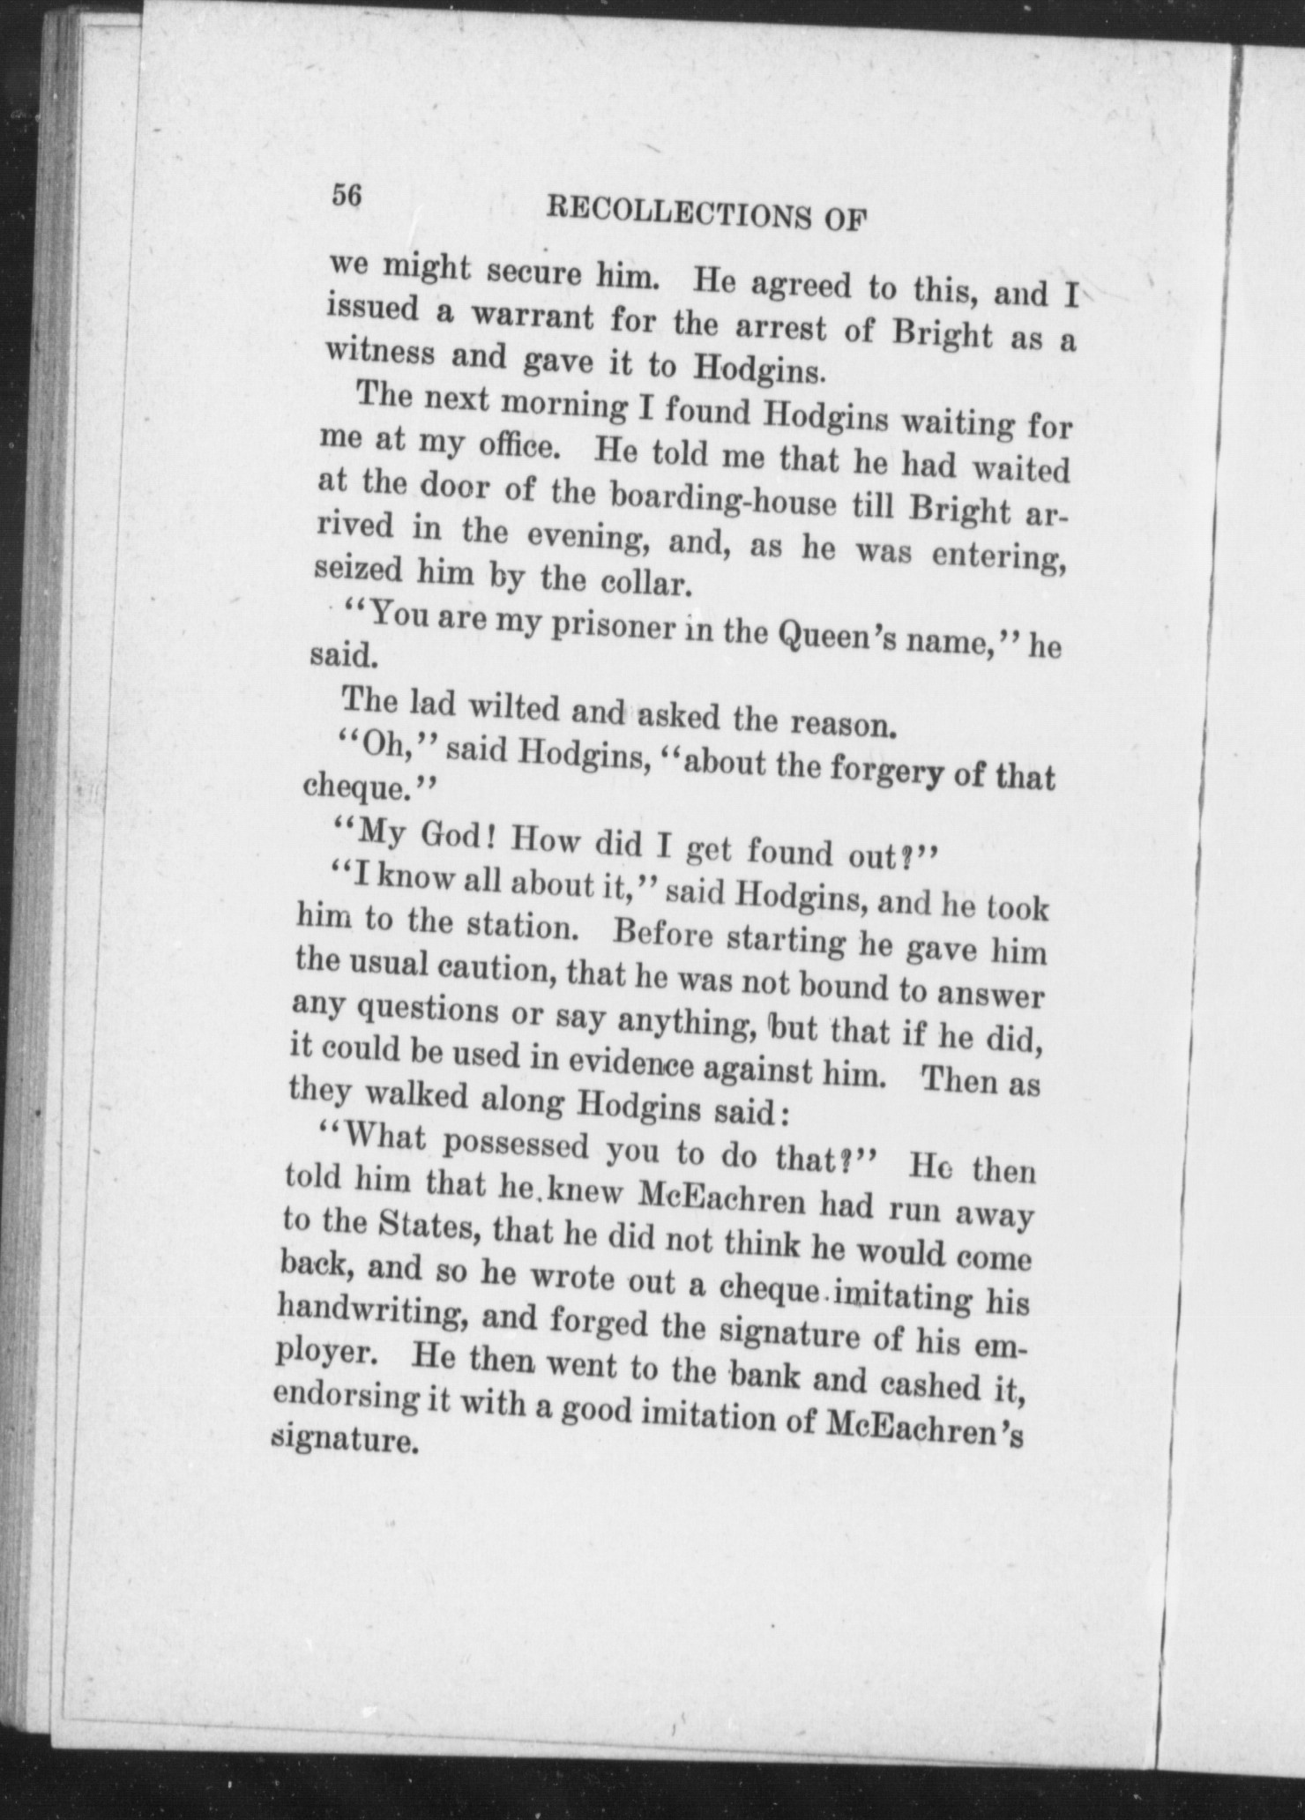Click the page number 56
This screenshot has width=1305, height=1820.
pyautogui.click(x=347, y=197)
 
